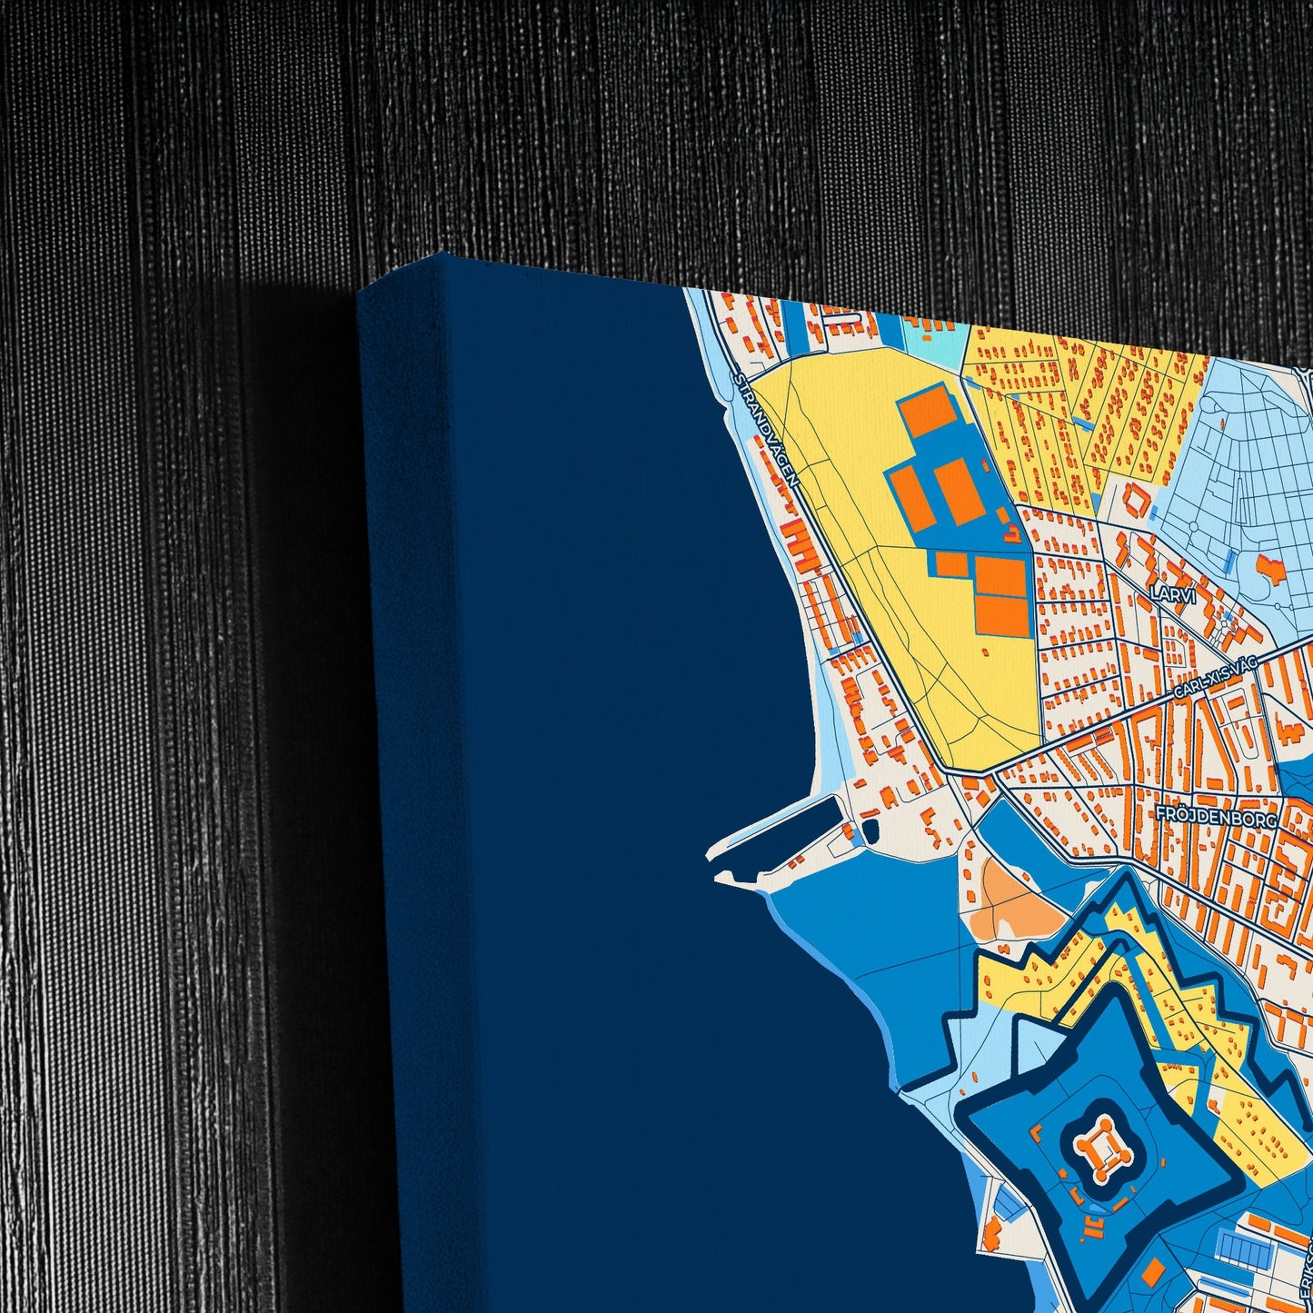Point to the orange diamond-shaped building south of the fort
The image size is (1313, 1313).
[x=1153, y=1270]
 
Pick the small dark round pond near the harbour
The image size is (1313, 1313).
[x=870, y=829]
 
